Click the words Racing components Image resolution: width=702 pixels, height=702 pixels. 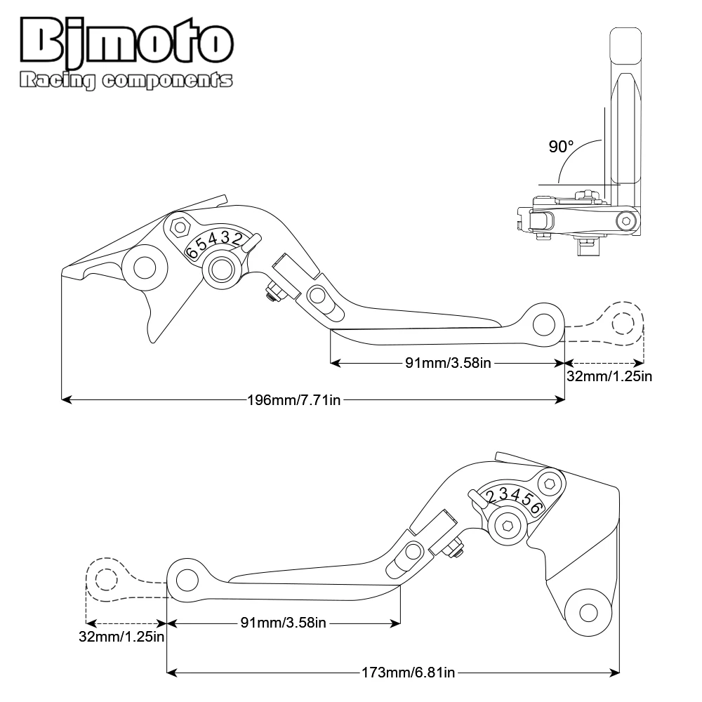coord(126,81)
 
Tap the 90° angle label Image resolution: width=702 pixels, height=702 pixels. coord(561,147)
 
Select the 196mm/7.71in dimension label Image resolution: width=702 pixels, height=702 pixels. coord(294,400)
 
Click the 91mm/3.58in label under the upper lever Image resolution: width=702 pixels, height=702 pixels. coord(446,362)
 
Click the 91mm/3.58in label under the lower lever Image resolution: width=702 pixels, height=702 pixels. coord(283,622)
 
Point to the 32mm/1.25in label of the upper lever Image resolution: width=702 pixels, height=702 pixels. coord(609,376)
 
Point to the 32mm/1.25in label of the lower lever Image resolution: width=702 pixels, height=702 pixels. coord(121,637)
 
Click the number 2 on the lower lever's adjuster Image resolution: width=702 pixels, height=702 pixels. coord(493,497)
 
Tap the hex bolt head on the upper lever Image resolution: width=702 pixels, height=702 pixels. coord(180,226)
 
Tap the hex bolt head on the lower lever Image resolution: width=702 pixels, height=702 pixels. coord(551,484)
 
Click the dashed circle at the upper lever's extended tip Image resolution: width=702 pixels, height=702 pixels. coord(622,324)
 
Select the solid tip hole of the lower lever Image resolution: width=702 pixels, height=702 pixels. coord(186,580)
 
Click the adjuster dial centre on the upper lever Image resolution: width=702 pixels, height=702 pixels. coord(223,267)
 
